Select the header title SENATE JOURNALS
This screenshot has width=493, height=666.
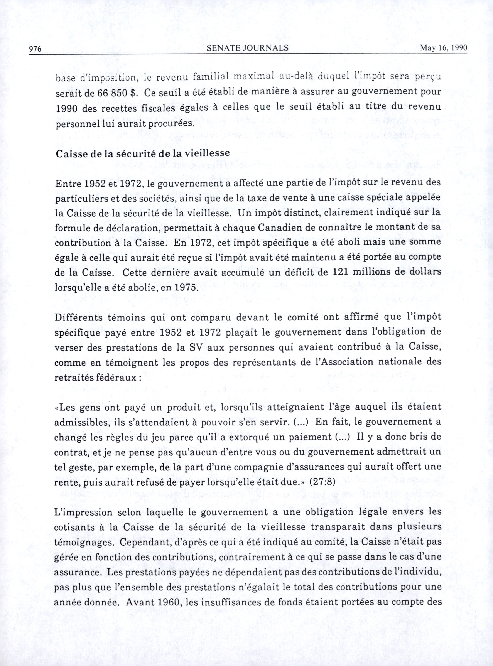click(247, 48)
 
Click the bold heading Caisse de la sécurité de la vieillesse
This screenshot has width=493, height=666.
click(143, 153)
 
